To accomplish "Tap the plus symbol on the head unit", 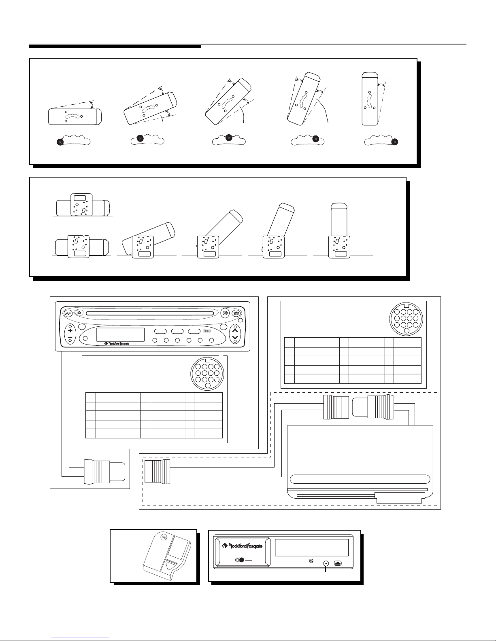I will (70, 330).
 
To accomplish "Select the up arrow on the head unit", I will (235, 330).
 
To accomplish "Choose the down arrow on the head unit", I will (235, 338).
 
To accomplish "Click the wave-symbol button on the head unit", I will (68, 314).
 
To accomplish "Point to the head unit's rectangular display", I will (120, 334).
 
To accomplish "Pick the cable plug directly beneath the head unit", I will (104, 471).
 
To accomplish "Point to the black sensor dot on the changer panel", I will (241, 560).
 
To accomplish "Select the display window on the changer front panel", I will (311, 548).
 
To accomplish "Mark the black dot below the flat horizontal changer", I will (60, 142).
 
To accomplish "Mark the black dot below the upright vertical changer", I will (396, 142).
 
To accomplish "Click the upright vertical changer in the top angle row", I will (369, 99).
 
